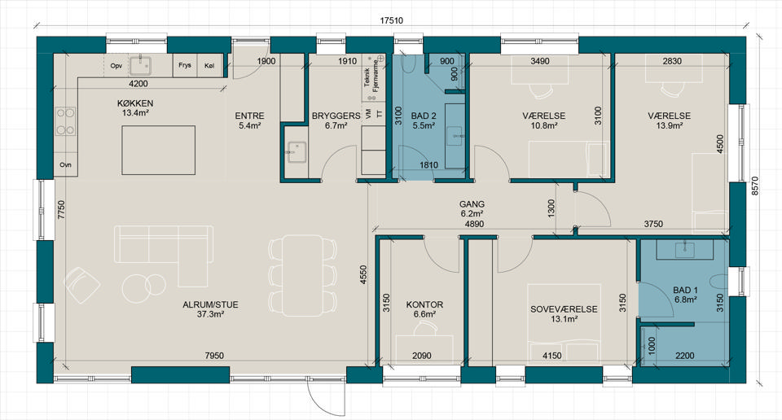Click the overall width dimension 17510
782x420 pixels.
point(391,21)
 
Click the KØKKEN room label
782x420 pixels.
point(135,103)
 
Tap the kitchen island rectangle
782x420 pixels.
point(159,150)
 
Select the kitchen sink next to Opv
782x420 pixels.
point(141,66)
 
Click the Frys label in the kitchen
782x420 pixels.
point(185,65)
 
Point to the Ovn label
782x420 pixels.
point(65,165)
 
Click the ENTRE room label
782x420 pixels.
point(249,116)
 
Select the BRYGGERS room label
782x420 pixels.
point(336,116)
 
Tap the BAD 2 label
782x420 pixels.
point(424,116)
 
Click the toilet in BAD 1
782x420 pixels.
point(719,283)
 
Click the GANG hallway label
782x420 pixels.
point(472,204)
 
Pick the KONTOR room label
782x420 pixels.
point(424,304)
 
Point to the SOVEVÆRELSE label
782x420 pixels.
point(564,309)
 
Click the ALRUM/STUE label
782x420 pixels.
point(210,304)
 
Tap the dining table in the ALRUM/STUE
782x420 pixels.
point(303,275)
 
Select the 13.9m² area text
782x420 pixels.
point(670,125)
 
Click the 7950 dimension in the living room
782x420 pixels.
point(214,356)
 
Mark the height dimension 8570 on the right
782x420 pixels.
point(754,186)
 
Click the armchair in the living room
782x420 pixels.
point(81,285)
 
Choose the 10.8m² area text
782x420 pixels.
point(543,125)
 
